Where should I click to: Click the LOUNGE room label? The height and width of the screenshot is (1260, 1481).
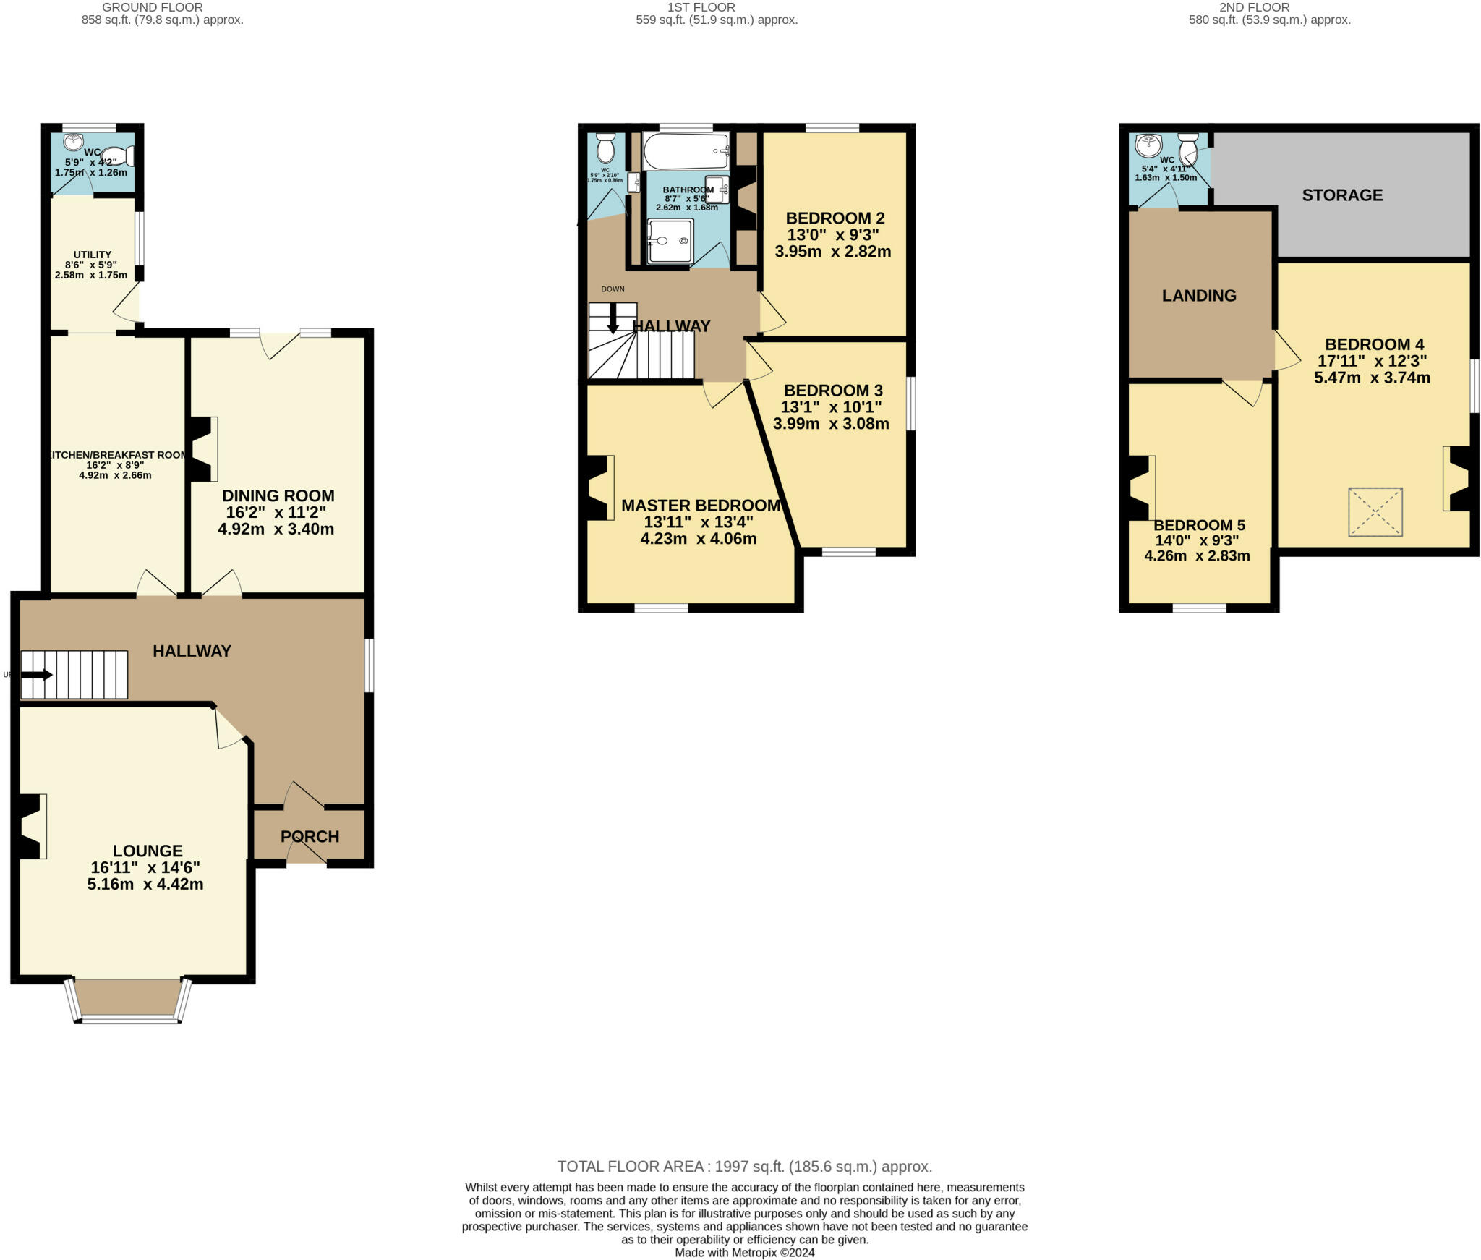pyautogui.click(x=148, y=851)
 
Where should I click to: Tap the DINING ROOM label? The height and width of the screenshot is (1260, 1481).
pyautogui.click(x=278, y=495)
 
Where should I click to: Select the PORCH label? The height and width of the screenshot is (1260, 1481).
pyautogui.click(x=310, y=836)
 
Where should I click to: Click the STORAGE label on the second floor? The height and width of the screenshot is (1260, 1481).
pyautogui.click(x=1342, y=195)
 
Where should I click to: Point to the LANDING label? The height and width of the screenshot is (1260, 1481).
pyautogui.click(x=1199, y=295)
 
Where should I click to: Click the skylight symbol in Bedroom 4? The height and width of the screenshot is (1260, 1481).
pyautogui.click(x=1375, y=511)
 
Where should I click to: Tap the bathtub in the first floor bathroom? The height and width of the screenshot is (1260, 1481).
pyautogui.click(x=685, y=150)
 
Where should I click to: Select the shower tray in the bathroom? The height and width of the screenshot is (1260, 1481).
pyautogui.click(x=670, y=241)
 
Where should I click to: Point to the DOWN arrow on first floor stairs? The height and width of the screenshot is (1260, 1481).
pyautogui.click(x=613, y=318)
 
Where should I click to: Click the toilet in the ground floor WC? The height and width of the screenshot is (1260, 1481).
pyautogui.click(x=118, y=156)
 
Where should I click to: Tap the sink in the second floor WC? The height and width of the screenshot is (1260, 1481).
pyautogui.click(x=1148, y=145)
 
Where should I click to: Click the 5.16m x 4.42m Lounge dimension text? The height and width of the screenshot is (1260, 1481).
pyautogui.click(x=145, y=884)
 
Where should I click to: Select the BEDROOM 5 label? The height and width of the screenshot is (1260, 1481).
pyautogui.click(x=1199, y=525)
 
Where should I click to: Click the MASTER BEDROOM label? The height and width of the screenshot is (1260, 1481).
pyautogui.click(x=700, y=506)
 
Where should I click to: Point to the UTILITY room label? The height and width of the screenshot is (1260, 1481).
pyautogui.click(x=92, y=255)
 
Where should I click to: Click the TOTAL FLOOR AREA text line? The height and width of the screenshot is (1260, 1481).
pyautogui.click(x=744, y=1166)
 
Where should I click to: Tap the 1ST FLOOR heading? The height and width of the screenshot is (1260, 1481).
pyautogui.click(x=701, y=7)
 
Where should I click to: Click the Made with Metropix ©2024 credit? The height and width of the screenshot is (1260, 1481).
pyautogui.click(x=744, y=1252)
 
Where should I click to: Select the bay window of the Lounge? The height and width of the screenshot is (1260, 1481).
pyautogui.click(x=129, y=1002)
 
